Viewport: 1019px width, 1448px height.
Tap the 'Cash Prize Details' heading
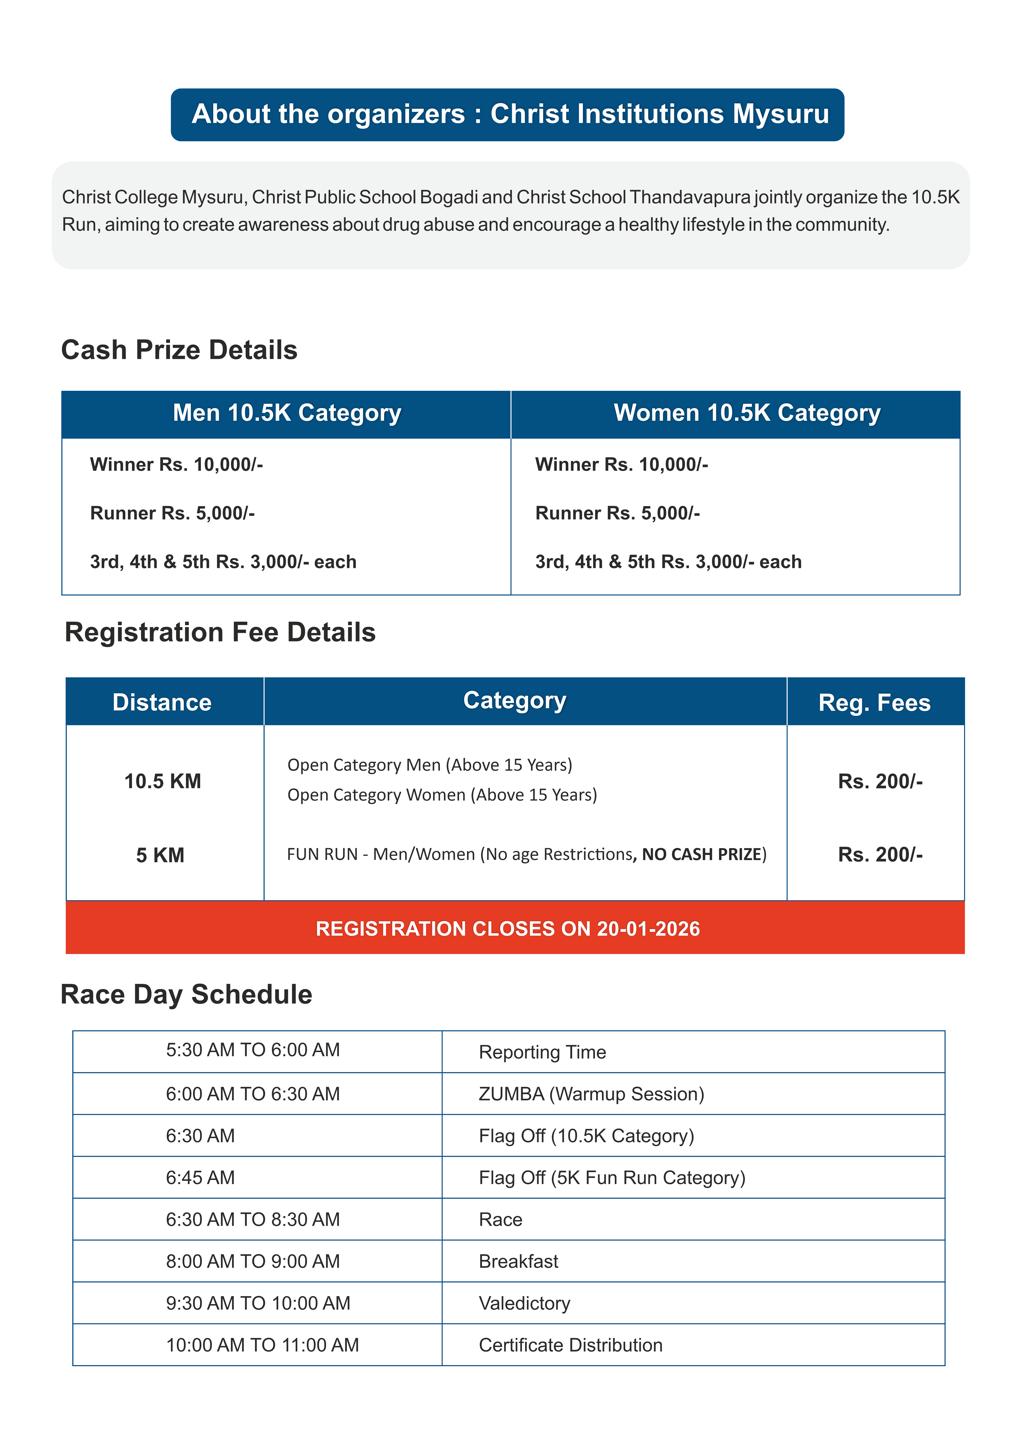pos(179,350)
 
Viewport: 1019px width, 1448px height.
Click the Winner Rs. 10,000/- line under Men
pos(177,465)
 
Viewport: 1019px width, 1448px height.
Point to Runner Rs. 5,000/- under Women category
pos(618,513)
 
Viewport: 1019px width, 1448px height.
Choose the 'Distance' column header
pos(162,703)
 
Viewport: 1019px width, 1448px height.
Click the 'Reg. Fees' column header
pos(874,703)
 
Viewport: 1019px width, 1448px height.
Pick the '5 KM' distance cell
pos(160,855)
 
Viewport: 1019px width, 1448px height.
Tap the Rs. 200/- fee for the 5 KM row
pos(880,855)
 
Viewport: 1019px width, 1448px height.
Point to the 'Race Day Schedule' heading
pos(187,995)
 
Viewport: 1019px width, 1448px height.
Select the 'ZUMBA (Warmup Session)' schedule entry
pos(591,1094)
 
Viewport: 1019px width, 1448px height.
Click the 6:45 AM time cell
pos(201,1177)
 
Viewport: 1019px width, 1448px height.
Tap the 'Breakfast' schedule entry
pos(519,1261)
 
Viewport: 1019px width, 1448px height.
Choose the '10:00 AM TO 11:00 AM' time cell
pos(262,1345)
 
